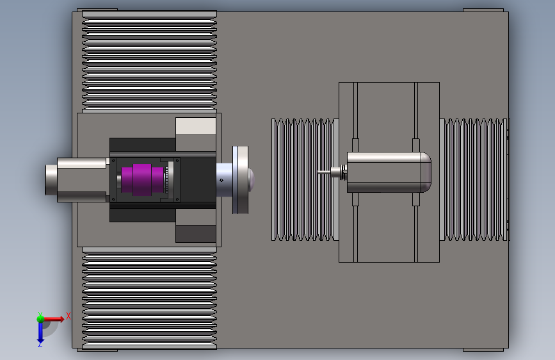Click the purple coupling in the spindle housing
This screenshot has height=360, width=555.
pos(142,179)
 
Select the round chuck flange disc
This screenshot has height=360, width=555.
pos(240,180)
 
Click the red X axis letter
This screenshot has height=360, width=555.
pos(68,316)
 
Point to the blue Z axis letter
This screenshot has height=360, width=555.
pos(40,344)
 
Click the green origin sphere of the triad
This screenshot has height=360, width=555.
pos(40,319)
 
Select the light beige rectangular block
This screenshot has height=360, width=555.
pos(196,126)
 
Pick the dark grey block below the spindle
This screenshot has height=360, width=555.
pos(196,234)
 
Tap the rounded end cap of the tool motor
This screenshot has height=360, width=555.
pos(426,172)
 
